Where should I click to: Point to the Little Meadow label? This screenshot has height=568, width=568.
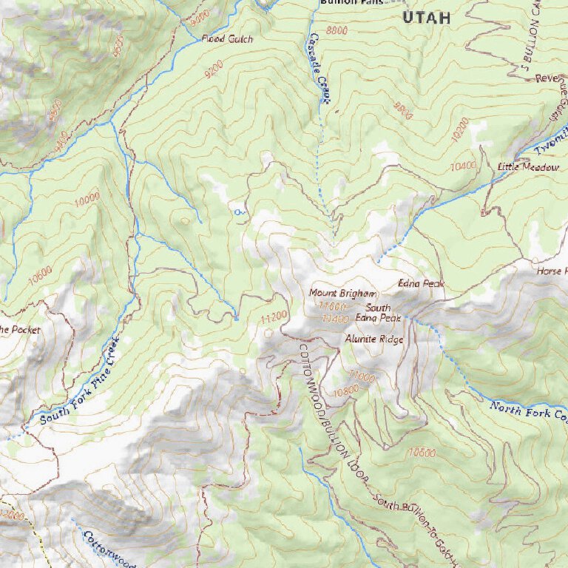pyautogui.click(x=528, y=168)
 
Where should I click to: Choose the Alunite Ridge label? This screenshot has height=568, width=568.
pyautogui.click(x=374, y=339)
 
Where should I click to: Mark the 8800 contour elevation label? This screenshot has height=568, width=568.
pyautogui.click(x=336, y=30)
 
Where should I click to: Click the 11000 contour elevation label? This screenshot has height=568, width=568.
pyautogui.click(x=362, y=376)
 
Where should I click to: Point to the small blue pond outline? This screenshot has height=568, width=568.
pyautogui.click(x=238, y=212)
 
